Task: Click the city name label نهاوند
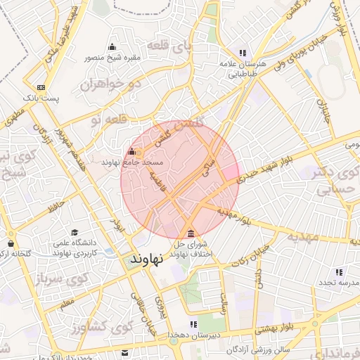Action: point(146,259)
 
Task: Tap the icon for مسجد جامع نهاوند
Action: point(131,151)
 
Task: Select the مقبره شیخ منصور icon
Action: point(112,47)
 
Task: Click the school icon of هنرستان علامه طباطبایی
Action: point(243,52)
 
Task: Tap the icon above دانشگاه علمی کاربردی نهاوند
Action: point(75,232)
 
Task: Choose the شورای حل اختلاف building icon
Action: point(191,233)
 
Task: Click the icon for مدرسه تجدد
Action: point(339,271)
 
